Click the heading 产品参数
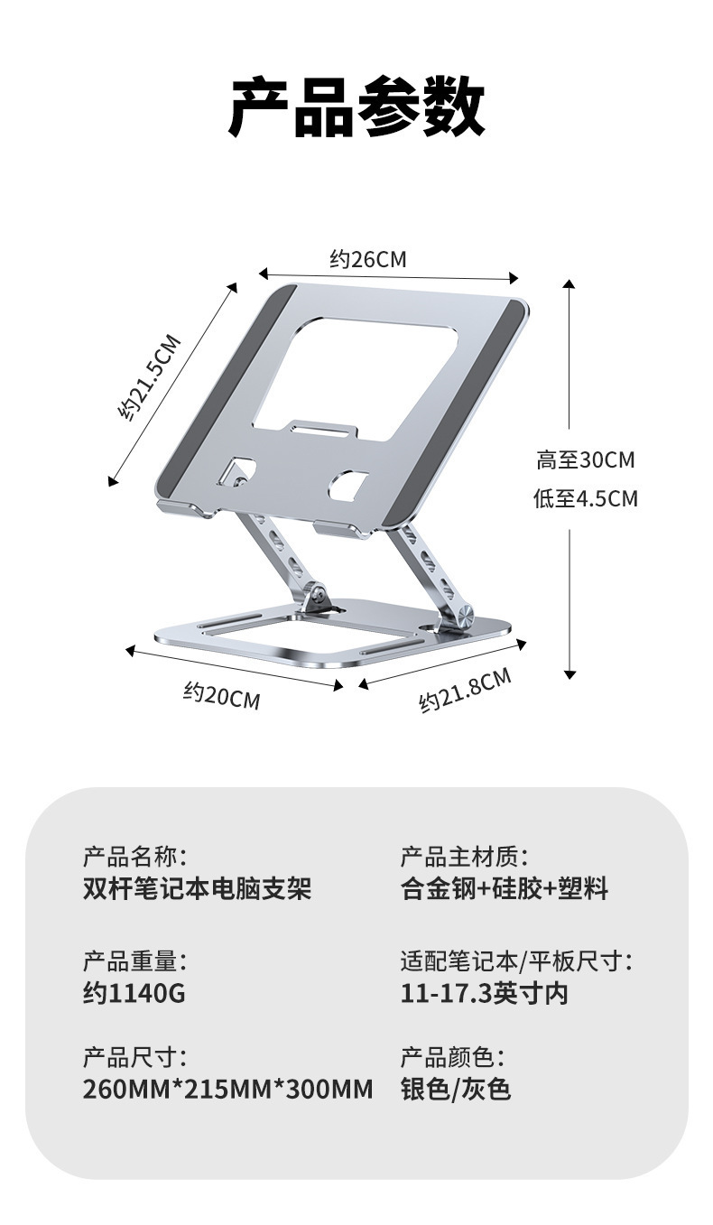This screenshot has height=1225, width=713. pyautogui.click(x=356, y=108)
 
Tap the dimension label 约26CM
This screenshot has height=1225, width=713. pyautogui.click(x=368, y=260)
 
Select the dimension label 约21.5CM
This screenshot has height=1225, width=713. pyautogui.click(x=150, y=377)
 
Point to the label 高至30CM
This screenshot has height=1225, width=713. pyautogui.click(x=586, y=460)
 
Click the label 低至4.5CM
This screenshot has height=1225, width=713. pyautogui.click(x=586, y=498)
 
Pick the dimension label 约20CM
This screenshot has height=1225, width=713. pyautogui.click(x=221, y=695)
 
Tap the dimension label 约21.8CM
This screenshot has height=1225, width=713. pyautogui.click(x=465, y=690)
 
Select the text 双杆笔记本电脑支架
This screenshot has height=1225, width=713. pyautogui.click(x=197, y=888)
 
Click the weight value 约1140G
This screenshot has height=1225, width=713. pyautogui.click(x=134, y=994)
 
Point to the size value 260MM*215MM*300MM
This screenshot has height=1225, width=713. pyautogui.click(x=227, y=1090)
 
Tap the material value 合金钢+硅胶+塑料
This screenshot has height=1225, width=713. pyautogui.click(x=505, y=888)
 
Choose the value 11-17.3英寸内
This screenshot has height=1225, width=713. pyautogui.click(x=485, y=994)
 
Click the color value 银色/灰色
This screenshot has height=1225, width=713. pyautogui.click(x=456, y=1090)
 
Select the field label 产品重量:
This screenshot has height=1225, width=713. pyautogui.click(x=135, y=961)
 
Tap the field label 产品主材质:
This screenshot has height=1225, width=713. pyautogui.click(x=464, y=856)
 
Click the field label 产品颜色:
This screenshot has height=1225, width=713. pyautogui.click(x=452, y=1056)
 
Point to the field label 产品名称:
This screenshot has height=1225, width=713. pyautogui.click(x=135, y=856)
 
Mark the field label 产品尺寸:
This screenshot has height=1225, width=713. pyautogui.click(x=135, y=1056)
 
